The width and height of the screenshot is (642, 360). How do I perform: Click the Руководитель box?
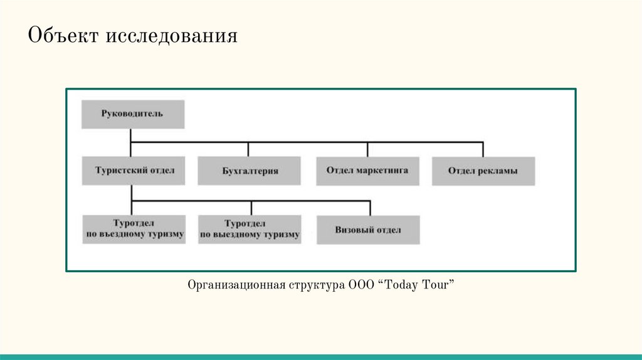pos(132,114)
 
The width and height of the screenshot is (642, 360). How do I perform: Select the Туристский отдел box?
pos(133,170)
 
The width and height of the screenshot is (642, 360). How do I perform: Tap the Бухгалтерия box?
pos(250,171)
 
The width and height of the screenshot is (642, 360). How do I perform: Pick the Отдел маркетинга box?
pos(367,170)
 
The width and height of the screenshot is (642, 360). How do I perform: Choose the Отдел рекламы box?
pos(483,171)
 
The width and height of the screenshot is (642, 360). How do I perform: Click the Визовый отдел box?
pos(368,230)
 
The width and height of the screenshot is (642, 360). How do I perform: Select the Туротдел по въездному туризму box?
pos(134,230)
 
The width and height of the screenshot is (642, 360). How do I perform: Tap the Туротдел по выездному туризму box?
pos(250,230)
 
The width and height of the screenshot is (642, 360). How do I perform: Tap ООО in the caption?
pos(362,285)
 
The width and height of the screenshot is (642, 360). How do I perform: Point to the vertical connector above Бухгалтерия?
pos(248,149)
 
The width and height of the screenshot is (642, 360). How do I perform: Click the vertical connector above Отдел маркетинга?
pos(367,149)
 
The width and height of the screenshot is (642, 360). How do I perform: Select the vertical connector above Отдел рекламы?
pos(483,149)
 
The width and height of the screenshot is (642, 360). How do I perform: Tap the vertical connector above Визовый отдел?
pos(370,208)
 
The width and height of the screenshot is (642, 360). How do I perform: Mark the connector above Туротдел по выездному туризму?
pos(251,208)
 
